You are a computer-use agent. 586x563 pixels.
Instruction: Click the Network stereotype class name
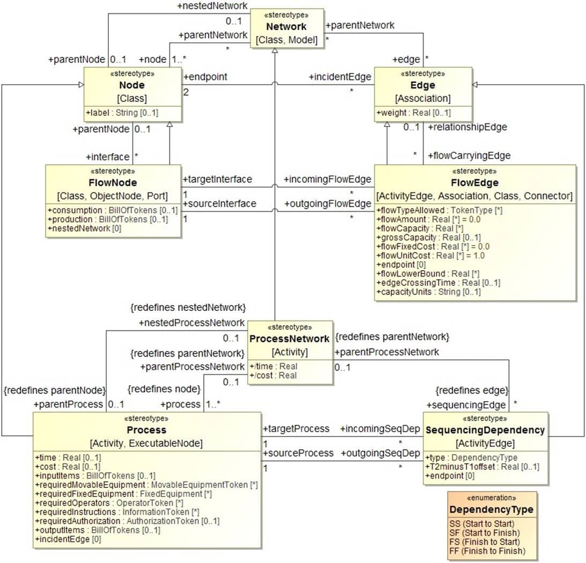pyautogui.click(x=287, y=26)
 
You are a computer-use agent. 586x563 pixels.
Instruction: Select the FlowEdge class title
pyautogui.click(x=475, y=183)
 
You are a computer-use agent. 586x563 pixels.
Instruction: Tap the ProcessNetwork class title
pyautogui.click(x=290, y=338)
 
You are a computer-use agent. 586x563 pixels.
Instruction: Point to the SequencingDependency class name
pyautogui.click(x=485, y=430)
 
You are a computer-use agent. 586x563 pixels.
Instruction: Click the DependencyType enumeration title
pyautogui.click(x=491, y=509)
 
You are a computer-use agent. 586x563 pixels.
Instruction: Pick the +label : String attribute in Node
pyautogui.click(x=122, y=113)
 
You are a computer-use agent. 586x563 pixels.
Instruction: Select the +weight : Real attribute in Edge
pyautogui.click(x=413, y=113)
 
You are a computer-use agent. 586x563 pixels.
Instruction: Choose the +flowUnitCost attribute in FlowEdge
pyautogui.click(x=431, y=256)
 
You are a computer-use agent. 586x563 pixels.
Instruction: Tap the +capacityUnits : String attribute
pyautogui.click(x=428, y=292)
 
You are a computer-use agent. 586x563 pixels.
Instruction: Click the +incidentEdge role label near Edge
pyautogui.click(x=340, y=77)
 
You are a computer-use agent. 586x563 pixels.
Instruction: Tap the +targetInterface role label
pyautogui.click(x=218, y=179)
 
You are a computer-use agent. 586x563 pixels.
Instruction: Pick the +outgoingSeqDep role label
pyautogui.click(x=380, y=453)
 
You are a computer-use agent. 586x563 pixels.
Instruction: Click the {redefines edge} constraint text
pyautogui.click(x=472, y=390)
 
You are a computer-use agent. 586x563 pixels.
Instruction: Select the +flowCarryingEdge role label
pyautogui.click(x=469, y=155)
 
